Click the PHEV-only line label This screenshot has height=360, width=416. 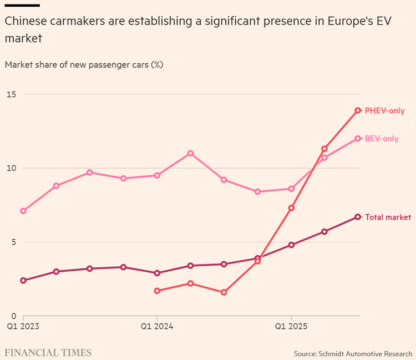pyautogui.click(x=384, y=110)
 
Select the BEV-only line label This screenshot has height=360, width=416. pyautogui.click(x=382, y=139)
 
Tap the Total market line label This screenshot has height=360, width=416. pyautogui.click(x=388, y=217)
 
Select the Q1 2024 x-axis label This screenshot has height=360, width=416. pyautogui.click(x=157, y=327)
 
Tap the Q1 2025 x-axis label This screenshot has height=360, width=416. pyautogui.click(x=291, y=327)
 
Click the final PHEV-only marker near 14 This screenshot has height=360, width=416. pyautogui.click(x=358, y=110)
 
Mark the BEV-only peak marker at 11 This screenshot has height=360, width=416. pyautogui.click(x=190, y=153)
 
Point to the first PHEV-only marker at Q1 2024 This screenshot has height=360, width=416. pyautogui.click(x=157, y=291)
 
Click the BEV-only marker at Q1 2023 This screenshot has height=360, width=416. pyautogui.click(x=23, y=211)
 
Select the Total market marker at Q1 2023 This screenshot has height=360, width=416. pyautogui.click(x=23, y=280)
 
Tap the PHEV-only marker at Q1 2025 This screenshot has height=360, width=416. pyautogui.click(x=291, y=208)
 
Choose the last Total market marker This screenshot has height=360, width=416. pyautogui.click(x=358, y=217)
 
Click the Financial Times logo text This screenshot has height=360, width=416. pyautogui.click(x=48, y=353)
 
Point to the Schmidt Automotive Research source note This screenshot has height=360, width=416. pyautogui.click(x=353, y=353)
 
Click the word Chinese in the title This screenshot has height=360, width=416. pyautogui.click(x=24, y=22)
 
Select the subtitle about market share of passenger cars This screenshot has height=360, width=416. pyautogui.click(x=84, y=64)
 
